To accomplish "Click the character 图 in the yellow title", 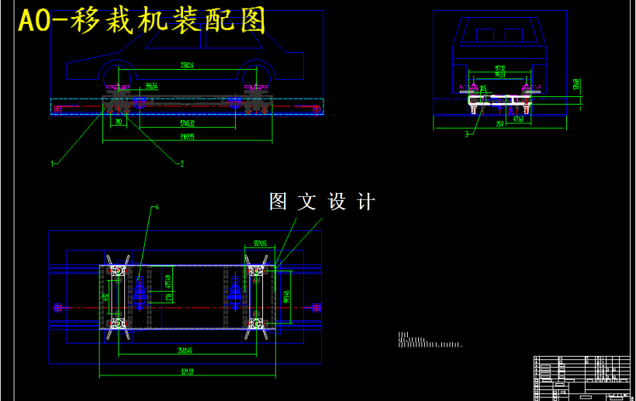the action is pos(252,21).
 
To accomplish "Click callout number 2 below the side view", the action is pos(181,163).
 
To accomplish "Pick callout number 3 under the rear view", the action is pos(466,135).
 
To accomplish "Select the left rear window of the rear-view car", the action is pos(485,36).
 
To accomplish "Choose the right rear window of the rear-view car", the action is pos(513,36).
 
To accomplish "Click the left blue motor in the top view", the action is pos(140,292).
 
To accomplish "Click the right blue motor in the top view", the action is pos(235,292).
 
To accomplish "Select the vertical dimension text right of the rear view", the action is pos(575,83).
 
